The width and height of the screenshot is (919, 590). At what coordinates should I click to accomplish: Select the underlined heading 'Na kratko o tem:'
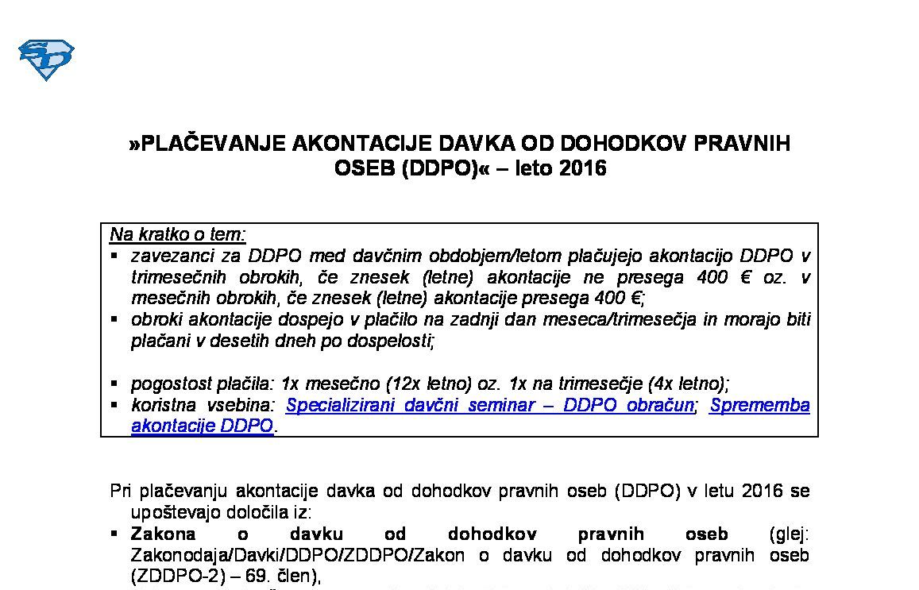tap(178, 234)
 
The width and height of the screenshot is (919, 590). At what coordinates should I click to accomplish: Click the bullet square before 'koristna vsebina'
tap(114, 403)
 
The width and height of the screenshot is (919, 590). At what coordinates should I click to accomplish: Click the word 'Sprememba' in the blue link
tap(760, 405)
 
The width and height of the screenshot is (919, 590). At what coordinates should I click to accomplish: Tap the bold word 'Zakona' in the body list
tap(163, 534)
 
